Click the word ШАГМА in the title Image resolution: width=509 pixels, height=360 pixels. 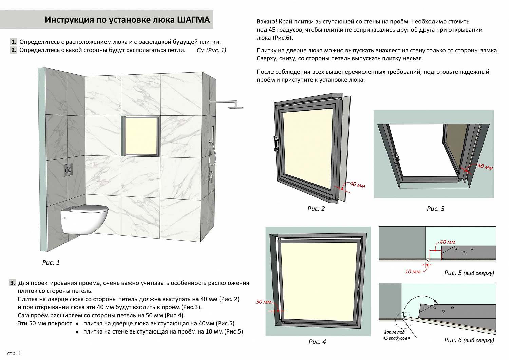pyautogui.click(x=193, y=20)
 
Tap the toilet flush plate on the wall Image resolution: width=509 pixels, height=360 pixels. pyautogui.click(x=68, y=170)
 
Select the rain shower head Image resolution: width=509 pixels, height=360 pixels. pyautogui.click(x=235, y=107)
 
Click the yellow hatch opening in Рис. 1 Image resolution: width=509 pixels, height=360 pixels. pyautogui.click(x=141, y=136)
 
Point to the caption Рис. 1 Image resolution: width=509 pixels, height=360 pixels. pyautogui.click(x=51, y=263)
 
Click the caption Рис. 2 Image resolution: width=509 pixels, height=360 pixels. pyautogui.click(x=316, y=209)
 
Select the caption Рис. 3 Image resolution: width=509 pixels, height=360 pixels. pyautogui.click(x=435, y=209)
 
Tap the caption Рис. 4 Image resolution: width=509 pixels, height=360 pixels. pyautogui.click(x=317, y=342)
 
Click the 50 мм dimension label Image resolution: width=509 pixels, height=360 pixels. pyautogui.click(x=264, y=302)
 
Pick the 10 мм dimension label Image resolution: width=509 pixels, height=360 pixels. pyautogui.click(x=413, y=271)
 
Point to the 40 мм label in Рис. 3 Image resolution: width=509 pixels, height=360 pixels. pyautogui.click(x=485, y=166)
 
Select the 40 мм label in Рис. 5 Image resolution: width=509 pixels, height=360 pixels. pyautogui.click(x=448, y=242)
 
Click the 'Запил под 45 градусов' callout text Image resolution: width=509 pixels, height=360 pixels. pyautogui.click(x=394, y=335)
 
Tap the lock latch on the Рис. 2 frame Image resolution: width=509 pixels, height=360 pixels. pyautogui.click(x=276, y=143)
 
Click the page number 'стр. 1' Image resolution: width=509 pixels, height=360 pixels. pyautogui.click(x=14, y=353)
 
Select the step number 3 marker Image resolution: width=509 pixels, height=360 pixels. pyautogui.click(x=13, y=283)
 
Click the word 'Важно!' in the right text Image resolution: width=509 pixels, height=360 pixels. pyautogui.click(x=267, y=22)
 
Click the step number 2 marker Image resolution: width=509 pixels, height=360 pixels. pyautogui.click(x=14, y=50)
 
